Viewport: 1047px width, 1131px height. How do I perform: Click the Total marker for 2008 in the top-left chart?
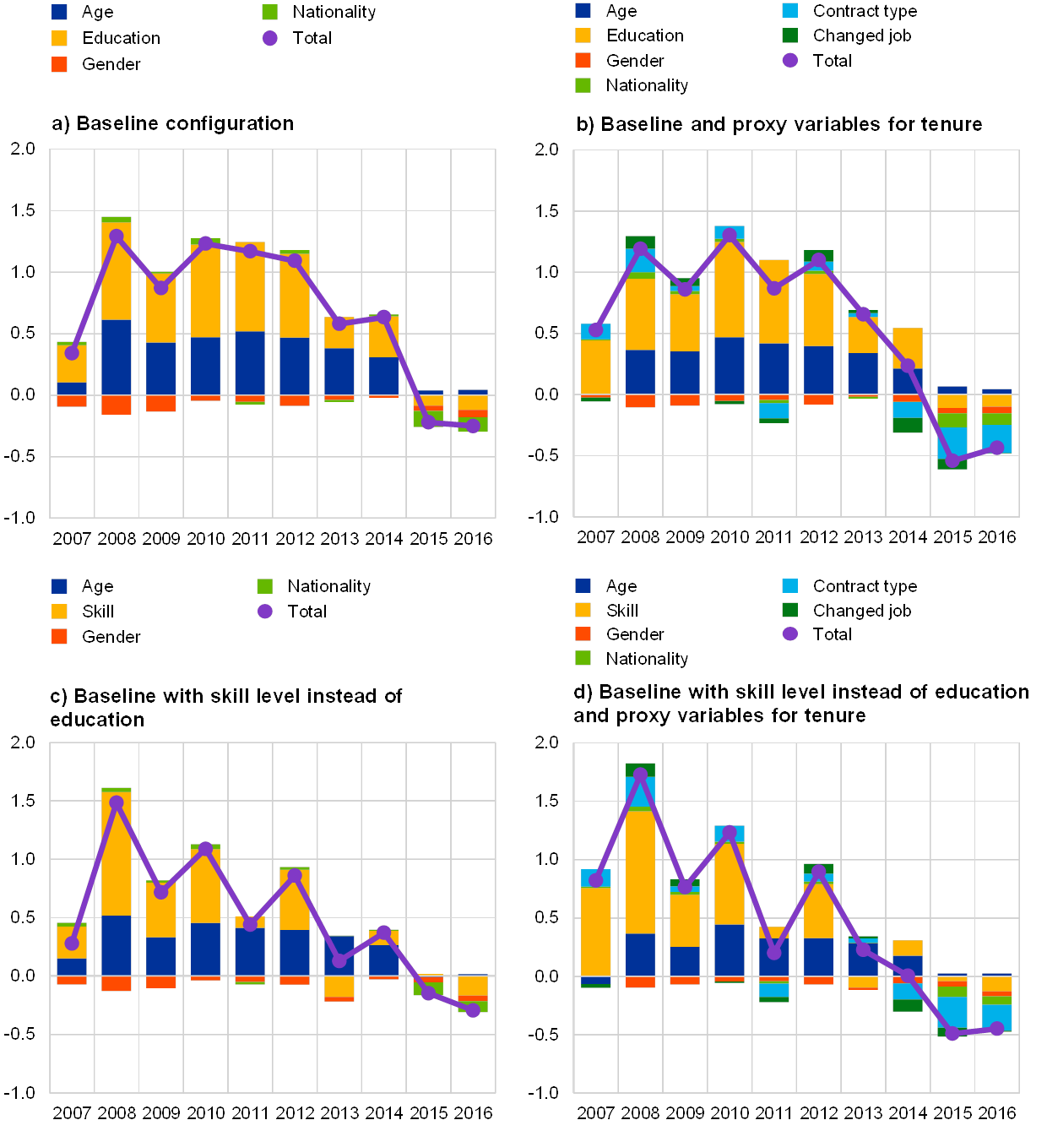[x=117, y=237]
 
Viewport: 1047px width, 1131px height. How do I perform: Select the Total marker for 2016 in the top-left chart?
[x=473, y=426]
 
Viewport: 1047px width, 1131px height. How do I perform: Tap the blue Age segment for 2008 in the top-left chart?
[x=117, y=356]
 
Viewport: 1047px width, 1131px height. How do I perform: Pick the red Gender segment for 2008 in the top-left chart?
[x=117, y=405]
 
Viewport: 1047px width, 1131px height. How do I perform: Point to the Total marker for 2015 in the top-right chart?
[x=952, y=460]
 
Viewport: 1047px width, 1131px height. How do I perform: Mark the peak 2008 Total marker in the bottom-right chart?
[x=640, y=774]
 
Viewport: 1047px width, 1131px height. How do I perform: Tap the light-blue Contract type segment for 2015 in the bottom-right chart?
[x=952, y=1012]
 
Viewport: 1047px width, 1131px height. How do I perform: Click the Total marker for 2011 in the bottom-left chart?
[x=250, y=924]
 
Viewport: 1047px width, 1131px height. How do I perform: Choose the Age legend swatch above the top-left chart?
[x=60, y=13]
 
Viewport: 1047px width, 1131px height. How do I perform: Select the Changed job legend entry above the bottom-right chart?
[x=861, y=610]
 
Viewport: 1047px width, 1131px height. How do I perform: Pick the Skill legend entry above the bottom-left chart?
[x=93, y=611]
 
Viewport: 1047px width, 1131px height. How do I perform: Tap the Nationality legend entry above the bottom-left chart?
[x=329, y=586]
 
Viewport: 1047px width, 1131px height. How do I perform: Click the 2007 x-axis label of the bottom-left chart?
[x=72, y=1112]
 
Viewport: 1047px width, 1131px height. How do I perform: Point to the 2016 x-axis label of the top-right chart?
[x=997, y=537]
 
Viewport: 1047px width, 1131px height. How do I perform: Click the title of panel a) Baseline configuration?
[x=173, y=124]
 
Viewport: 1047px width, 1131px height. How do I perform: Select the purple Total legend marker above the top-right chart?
[x=790, y=60]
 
